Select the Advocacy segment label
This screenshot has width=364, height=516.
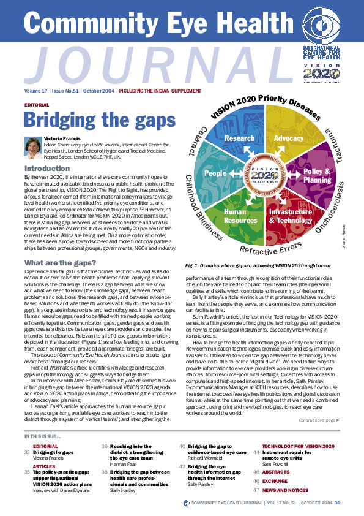tap(288, 139)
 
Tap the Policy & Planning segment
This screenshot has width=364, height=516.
tap(316, 176)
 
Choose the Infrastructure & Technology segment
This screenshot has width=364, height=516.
tap(291, 216)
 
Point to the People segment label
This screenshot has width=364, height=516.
tap(215, 173)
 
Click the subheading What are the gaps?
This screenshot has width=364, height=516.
tap(58, 264)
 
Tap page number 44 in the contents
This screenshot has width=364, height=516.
tap(256, 469)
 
